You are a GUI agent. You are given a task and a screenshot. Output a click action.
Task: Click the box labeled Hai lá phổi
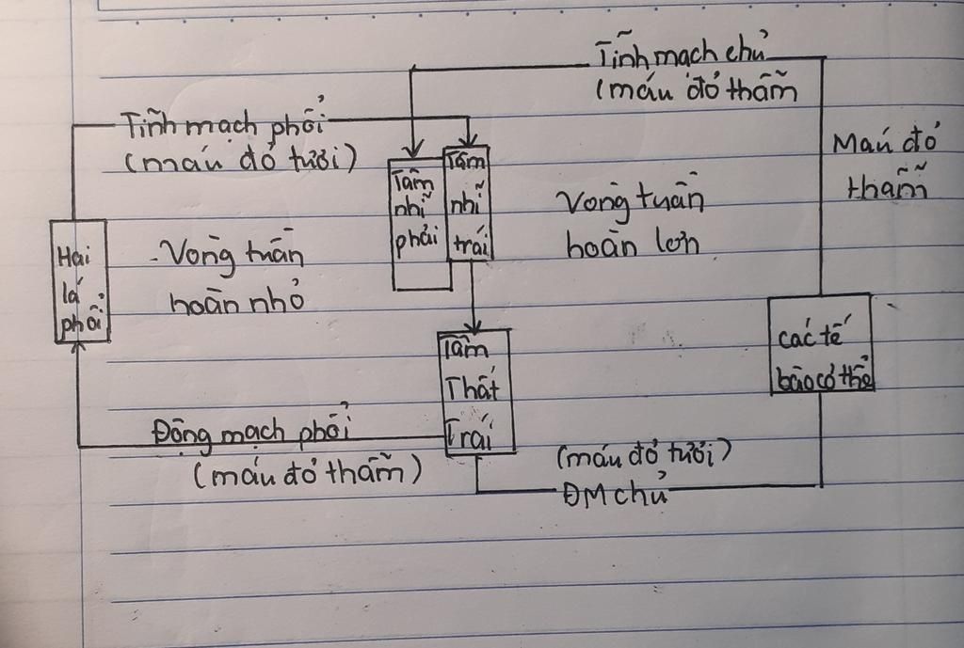click(x=80, y=281)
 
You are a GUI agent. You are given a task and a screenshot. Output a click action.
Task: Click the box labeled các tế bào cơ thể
click(x=820, y=343)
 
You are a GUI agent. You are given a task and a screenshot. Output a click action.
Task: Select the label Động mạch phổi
click(x=249, y=434)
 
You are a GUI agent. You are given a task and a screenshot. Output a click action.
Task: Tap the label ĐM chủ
click(x=616, y=495)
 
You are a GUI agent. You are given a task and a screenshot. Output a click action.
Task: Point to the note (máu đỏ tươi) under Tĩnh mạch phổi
click(x=240, y=161)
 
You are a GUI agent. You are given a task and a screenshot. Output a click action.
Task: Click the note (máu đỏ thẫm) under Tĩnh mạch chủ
click(x=697, y=92)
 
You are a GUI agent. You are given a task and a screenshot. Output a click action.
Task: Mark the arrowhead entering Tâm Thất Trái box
click(x=474, y=325)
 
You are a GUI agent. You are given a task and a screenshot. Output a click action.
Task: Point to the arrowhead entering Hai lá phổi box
click(x=79, y=346)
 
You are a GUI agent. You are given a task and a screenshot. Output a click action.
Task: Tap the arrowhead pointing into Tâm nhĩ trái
click(x=468, y=141)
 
